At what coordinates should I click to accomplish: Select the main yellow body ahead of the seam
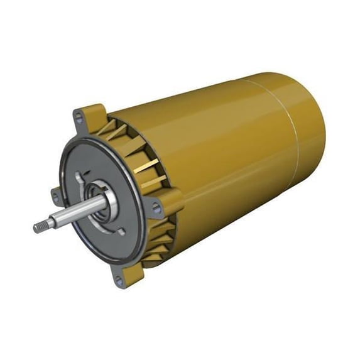(x=207, y=157)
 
